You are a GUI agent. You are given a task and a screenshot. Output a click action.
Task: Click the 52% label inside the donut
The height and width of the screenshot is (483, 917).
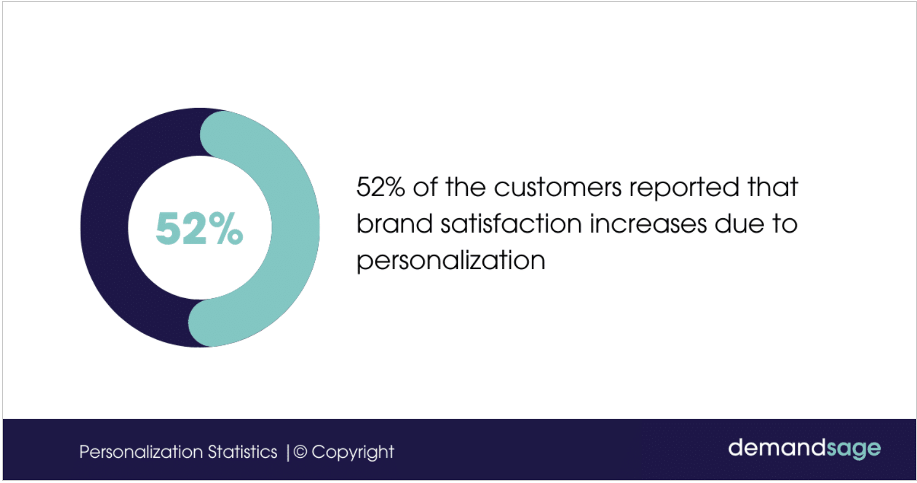[x=199, y=228]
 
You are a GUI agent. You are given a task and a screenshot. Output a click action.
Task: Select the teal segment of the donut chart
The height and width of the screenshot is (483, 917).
[x=295, y=227]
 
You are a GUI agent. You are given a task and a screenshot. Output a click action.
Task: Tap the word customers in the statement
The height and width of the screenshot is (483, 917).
[x=557, y=187]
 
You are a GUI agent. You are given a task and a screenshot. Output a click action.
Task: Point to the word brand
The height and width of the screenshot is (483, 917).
[x=394, y=224]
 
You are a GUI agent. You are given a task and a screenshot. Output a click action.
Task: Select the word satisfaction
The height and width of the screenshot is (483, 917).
[x=511, y=224]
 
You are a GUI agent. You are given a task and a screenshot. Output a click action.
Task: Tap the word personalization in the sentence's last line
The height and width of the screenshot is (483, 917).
[x=451, y=261]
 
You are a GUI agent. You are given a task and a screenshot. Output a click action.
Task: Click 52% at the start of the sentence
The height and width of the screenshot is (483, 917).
[x=380, y=187]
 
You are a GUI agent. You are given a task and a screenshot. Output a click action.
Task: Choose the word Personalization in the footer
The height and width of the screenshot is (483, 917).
[x=141, y=452]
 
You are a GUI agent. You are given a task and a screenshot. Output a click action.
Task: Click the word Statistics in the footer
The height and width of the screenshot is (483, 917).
[x=242, y=452]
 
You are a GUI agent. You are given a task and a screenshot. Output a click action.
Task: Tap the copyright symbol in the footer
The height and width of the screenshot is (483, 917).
[x=300, y=452]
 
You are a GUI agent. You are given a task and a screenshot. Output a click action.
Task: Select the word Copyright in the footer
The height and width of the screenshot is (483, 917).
[x=353, y=452]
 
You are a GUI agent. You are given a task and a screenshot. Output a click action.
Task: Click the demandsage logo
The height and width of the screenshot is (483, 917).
[x=804, y=449]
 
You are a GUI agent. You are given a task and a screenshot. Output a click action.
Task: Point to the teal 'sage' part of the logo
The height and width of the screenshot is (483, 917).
[x=854, y=449]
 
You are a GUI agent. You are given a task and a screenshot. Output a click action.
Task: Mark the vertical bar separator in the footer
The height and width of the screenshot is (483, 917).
[x=288, y=452]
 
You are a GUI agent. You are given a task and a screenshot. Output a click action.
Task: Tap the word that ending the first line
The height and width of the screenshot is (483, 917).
[x=773, y=187]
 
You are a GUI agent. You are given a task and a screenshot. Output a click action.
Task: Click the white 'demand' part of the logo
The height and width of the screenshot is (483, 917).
[x=777, y=447]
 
